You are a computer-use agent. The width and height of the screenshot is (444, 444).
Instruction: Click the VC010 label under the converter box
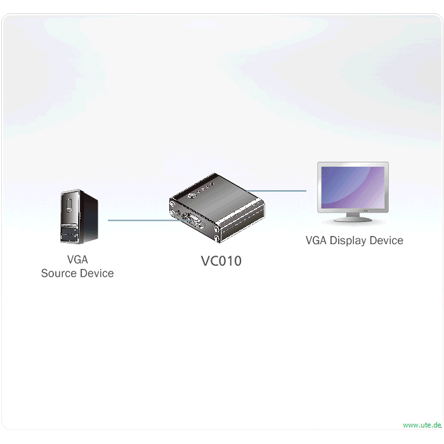click(x=221, y=261)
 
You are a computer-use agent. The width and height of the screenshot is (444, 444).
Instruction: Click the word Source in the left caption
click(x=59, y=273)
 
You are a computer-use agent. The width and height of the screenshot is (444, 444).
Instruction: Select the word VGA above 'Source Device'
click(x=77, y=259)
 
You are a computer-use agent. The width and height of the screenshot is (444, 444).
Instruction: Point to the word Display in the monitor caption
click(x=348, y=240)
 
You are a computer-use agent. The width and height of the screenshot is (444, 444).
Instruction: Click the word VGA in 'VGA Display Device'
click(x=317, y=240)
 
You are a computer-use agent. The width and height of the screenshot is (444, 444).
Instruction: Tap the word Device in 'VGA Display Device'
click(x=386, y=240)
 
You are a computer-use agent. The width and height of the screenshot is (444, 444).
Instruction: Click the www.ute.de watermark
click(x=422, y=425)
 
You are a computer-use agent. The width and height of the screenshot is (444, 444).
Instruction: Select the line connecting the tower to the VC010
click(x=147, y=220)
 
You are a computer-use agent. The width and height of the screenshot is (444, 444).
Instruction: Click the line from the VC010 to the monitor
click(x=277, y=191)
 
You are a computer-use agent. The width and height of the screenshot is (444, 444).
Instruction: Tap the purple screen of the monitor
click(x=353, y=188)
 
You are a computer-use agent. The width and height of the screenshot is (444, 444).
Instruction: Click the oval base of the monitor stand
click(x=353, y=219)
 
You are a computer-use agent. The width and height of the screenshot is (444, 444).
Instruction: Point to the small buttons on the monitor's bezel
click(x=366, y=211)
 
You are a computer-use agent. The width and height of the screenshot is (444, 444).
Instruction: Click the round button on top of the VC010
click(x=192, y=195)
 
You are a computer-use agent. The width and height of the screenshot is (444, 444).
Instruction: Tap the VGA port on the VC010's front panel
click(x=195, y=219)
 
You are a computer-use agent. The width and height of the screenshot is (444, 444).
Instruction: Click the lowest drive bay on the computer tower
click(x=69, y=238)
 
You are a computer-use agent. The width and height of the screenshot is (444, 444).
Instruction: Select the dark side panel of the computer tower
click(x=89, y=218)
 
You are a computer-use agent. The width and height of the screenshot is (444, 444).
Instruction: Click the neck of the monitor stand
click(x=353, y=215)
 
